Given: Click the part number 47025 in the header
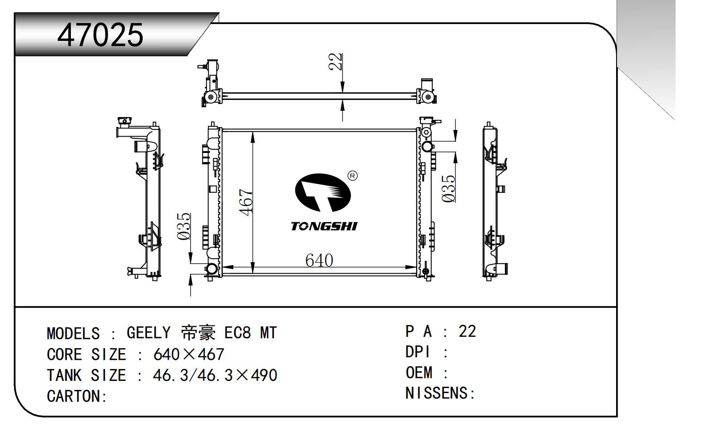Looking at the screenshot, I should [x=100, y=34].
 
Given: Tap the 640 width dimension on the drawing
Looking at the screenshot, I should [x=319, y=260].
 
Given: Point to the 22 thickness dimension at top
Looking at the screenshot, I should [x=335, y=62].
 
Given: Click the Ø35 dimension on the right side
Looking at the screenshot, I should [x=449, y=188].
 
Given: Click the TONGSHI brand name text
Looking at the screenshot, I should [x=324, y=226].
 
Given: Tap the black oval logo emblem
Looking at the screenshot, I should [x=323, y=192].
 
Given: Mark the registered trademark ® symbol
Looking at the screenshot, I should [x=352, y=176].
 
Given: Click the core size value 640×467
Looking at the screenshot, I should [x=189, y=354].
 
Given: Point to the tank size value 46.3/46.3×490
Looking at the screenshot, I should [x=215, y=375].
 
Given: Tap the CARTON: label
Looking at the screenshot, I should [x=77, y=396].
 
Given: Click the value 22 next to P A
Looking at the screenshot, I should [x=467, y=331].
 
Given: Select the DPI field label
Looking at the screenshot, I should [x=418, y=352].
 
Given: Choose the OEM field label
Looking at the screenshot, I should [x=419, y=373].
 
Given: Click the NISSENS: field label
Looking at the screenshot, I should [x=439, y=393].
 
